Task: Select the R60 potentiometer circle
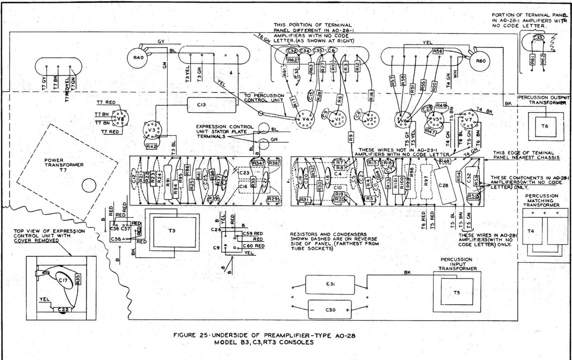click(481, 61)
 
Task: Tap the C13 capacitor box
click(211, 105)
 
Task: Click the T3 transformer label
click(171, 231)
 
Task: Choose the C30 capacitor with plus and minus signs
click(330, 310)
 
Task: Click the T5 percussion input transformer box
click(457, 293)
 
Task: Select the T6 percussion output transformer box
click(544, 127)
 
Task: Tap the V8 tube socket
click(119, 118)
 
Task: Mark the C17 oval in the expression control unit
click(63, 280)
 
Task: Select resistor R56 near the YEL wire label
click(438, 51)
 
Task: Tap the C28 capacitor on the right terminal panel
click(443, 185)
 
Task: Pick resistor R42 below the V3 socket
click(151, 146)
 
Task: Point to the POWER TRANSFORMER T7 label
click(64, 165)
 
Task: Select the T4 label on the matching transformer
click(531, 231)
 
